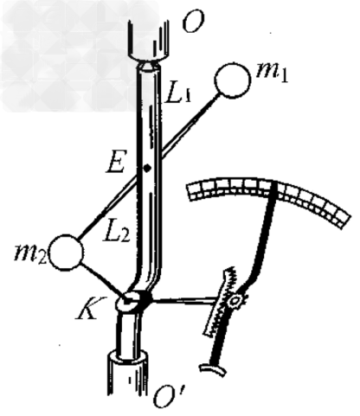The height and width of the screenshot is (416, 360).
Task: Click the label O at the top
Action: pyautogui.click(x=194, y=21)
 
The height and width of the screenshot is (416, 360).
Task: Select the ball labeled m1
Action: pyautogui.click(x=233, y=80)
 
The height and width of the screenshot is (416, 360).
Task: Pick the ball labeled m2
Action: pyautogui.click(x=67, y=253)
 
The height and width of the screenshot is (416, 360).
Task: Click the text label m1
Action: pyautogui.click(x=273, y=72)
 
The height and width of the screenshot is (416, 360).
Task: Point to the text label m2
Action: pyautogui.click(x=30, y=254)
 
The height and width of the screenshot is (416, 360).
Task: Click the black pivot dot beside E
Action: pyautogui.click(x=147, y=168)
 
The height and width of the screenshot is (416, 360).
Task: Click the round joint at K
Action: pyautogui.click(x=128, y=302)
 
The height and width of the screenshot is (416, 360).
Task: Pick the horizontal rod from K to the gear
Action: pyautogui.click(x=184, y=301)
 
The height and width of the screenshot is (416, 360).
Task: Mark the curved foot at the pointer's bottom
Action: pyautogui.click(x=213, y=369)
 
